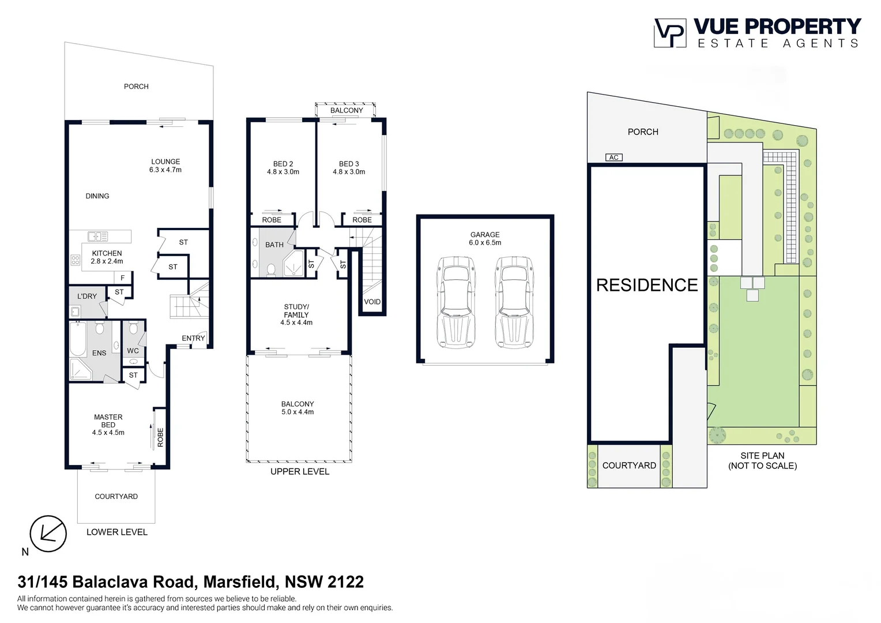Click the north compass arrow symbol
[x=48, y=534]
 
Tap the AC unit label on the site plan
[x=613, y=157]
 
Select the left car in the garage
[x=455, y=302]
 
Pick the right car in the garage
[x=514, y=302]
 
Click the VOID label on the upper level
[x=372, y=302]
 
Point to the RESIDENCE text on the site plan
[x=647, y=286]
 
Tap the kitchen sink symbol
[x=97, y=236]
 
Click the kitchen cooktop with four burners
[x=76, y=260]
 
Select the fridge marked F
[x=123, y=278]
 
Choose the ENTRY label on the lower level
[x=193, y=338]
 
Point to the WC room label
[x=133, y=351]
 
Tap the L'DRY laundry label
[x=87, y=297]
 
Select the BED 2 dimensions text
[x=283, y=172]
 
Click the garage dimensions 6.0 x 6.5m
[x=485, y=243]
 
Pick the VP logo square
[x=670, y=33]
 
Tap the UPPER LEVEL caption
[x=300, y=471]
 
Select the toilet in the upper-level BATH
[x=271, y=269]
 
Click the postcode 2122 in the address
[x=344, y=581]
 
